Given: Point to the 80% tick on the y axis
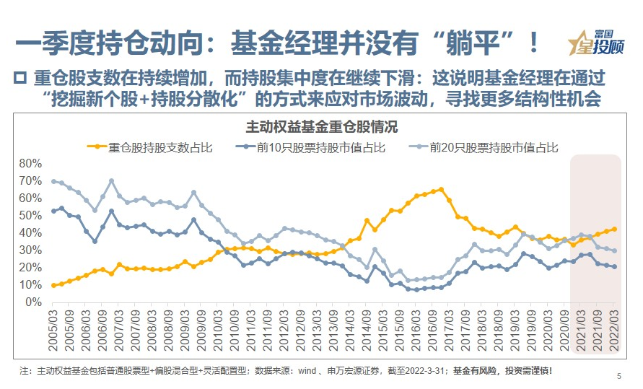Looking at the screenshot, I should click(x=34, y=163).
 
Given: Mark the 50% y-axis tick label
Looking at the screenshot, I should click(x=34, y=215).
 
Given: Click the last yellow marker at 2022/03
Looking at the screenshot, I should click(x=614, y=229).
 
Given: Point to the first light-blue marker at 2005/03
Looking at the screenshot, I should click(x=54, y=181).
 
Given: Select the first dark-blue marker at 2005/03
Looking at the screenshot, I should click(x=54, y=211).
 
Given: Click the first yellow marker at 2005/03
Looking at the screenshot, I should click(x=54, y=285).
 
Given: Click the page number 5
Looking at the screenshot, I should click(x=618, y=376).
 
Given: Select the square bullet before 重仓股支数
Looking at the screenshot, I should click(x=20, y=78).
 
